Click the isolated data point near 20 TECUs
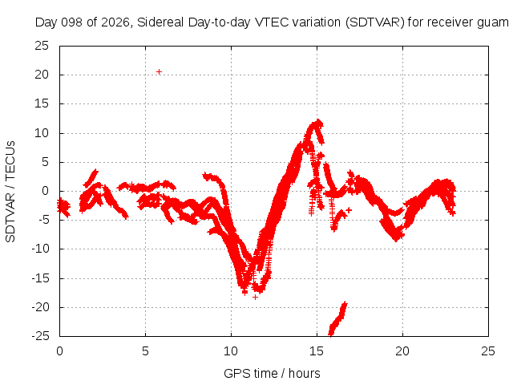(159, 71)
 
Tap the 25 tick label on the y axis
(42, 46)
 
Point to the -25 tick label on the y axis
(40, 336)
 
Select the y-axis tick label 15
(42, 103)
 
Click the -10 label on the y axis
(40, 249)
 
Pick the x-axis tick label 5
(145, 351)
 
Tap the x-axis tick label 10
(231, 351)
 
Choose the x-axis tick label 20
(402, 351)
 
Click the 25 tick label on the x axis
(488, 351)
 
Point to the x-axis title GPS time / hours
(272, 373)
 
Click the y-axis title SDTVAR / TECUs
(10, 192)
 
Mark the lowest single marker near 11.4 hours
(255, 297)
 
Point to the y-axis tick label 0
(45, 191)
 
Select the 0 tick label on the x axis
(59, 351)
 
